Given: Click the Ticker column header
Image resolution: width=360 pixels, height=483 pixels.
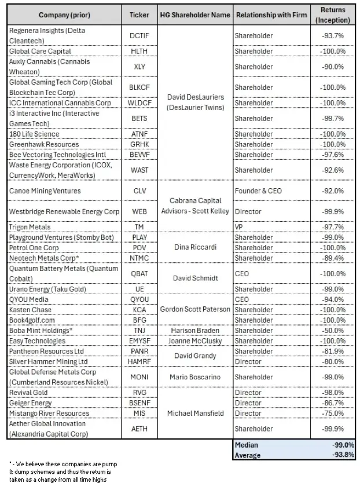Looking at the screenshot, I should [x=139, y=14].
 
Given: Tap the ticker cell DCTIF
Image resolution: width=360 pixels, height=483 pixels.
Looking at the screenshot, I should [x=139, y=36].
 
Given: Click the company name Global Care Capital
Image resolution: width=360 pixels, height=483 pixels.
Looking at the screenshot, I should [x=36, y=51].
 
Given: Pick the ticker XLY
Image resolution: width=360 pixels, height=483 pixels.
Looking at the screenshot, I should [x=139, y=67].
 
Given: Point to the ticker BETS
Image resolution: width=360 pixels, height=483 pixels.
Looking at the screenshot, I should [x=139, y=119].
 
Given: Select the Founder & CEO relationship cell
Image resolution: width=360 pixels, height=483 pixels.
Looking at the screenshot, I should [x=258, y=191].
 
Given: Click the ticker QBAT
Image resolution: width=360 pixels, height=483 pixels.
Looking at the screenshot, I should [x=139, y=273].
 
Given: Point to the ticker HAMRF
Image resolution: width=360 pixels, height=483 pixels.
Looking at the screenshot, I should [x=139, y=361].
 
